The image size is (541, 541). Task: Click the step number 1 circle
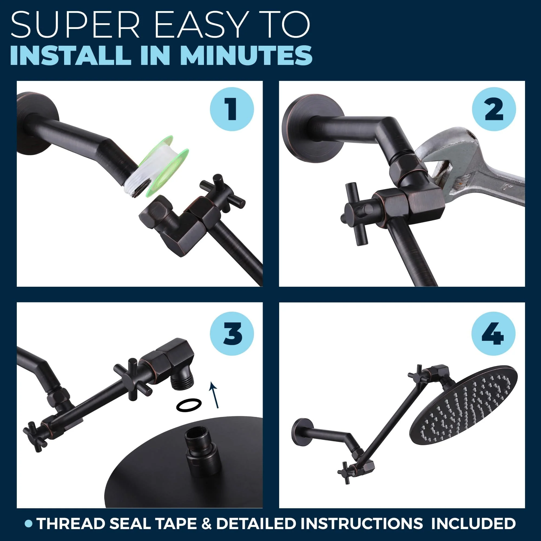point(232,109)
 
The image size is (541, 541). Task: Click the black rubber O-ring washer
point(189,405)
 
